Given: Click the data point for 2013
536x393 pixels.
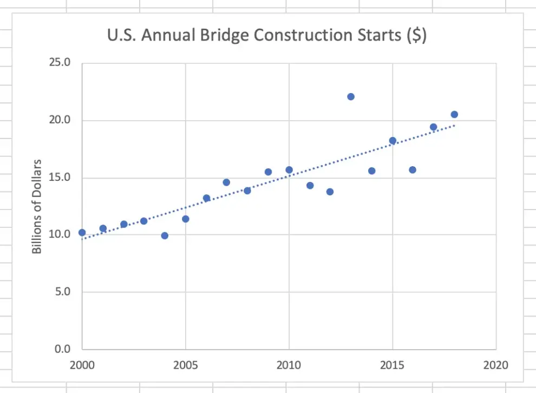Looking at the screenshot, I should tap(351, 97).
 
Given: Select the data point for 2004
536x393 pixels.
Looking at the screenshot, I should tap(165, 235).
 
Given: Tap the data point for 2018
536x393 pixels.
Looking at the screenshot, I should tap(454, 114).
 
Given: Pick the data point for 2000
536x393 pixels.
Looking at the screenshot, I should tap(82, 232).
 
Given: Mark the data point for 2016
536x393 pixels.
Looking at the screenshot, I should tap(413, 170).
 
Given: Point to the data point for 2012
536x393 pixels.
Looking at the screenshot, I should tap(330, 192).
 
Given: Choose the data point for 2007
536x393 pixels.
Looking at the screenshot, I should tap(226, 182).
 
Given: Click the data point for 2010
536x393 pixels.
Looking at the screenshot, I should tap(289, 170).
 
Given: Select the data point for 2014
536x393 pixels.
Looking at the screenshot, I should tap(371, 171).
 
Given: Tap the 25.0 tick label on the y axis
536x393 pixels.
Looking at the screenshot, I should tap(60, 63).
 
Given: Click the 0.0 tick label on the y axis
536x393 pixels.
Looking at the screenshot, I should tap(62, 349).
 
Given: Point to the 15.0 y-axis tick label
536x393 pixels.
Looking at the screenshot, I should tap(60, 178).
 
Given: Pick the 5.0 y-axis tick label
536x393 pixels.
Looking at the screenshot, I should tap(62, 292).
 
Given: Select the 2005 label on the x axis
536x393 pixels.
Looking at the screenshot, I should tap(185, 365).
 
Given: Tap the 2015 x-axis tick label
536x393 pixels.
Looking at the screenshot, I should tap(393, 365).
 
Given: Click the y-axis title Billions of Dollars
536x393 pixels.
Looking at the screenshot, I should tap(37, 206).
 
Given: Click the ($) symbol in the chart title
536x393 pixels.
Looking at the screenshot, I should tap(416, 35).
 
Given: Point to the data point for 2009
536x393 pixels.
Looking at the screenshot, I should tap(268, 172).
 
